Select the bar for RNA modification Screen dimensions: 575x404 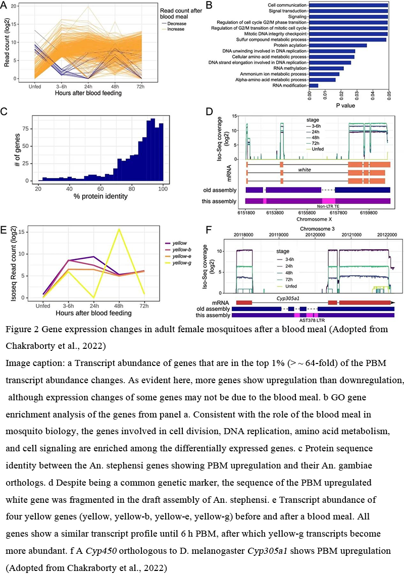tap(314, 85)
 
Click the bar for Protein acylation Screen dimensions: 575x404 tap(338, 45)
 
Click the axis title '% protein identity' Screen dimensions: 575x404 tap(100, 196)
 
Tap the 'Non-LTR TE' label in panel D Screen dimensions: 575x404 tap(328, 207)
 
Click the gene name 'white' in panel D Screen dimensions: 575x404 tap(305, 170)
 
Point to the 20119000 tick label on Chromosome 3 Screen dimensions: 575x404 tap(279, 235)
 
